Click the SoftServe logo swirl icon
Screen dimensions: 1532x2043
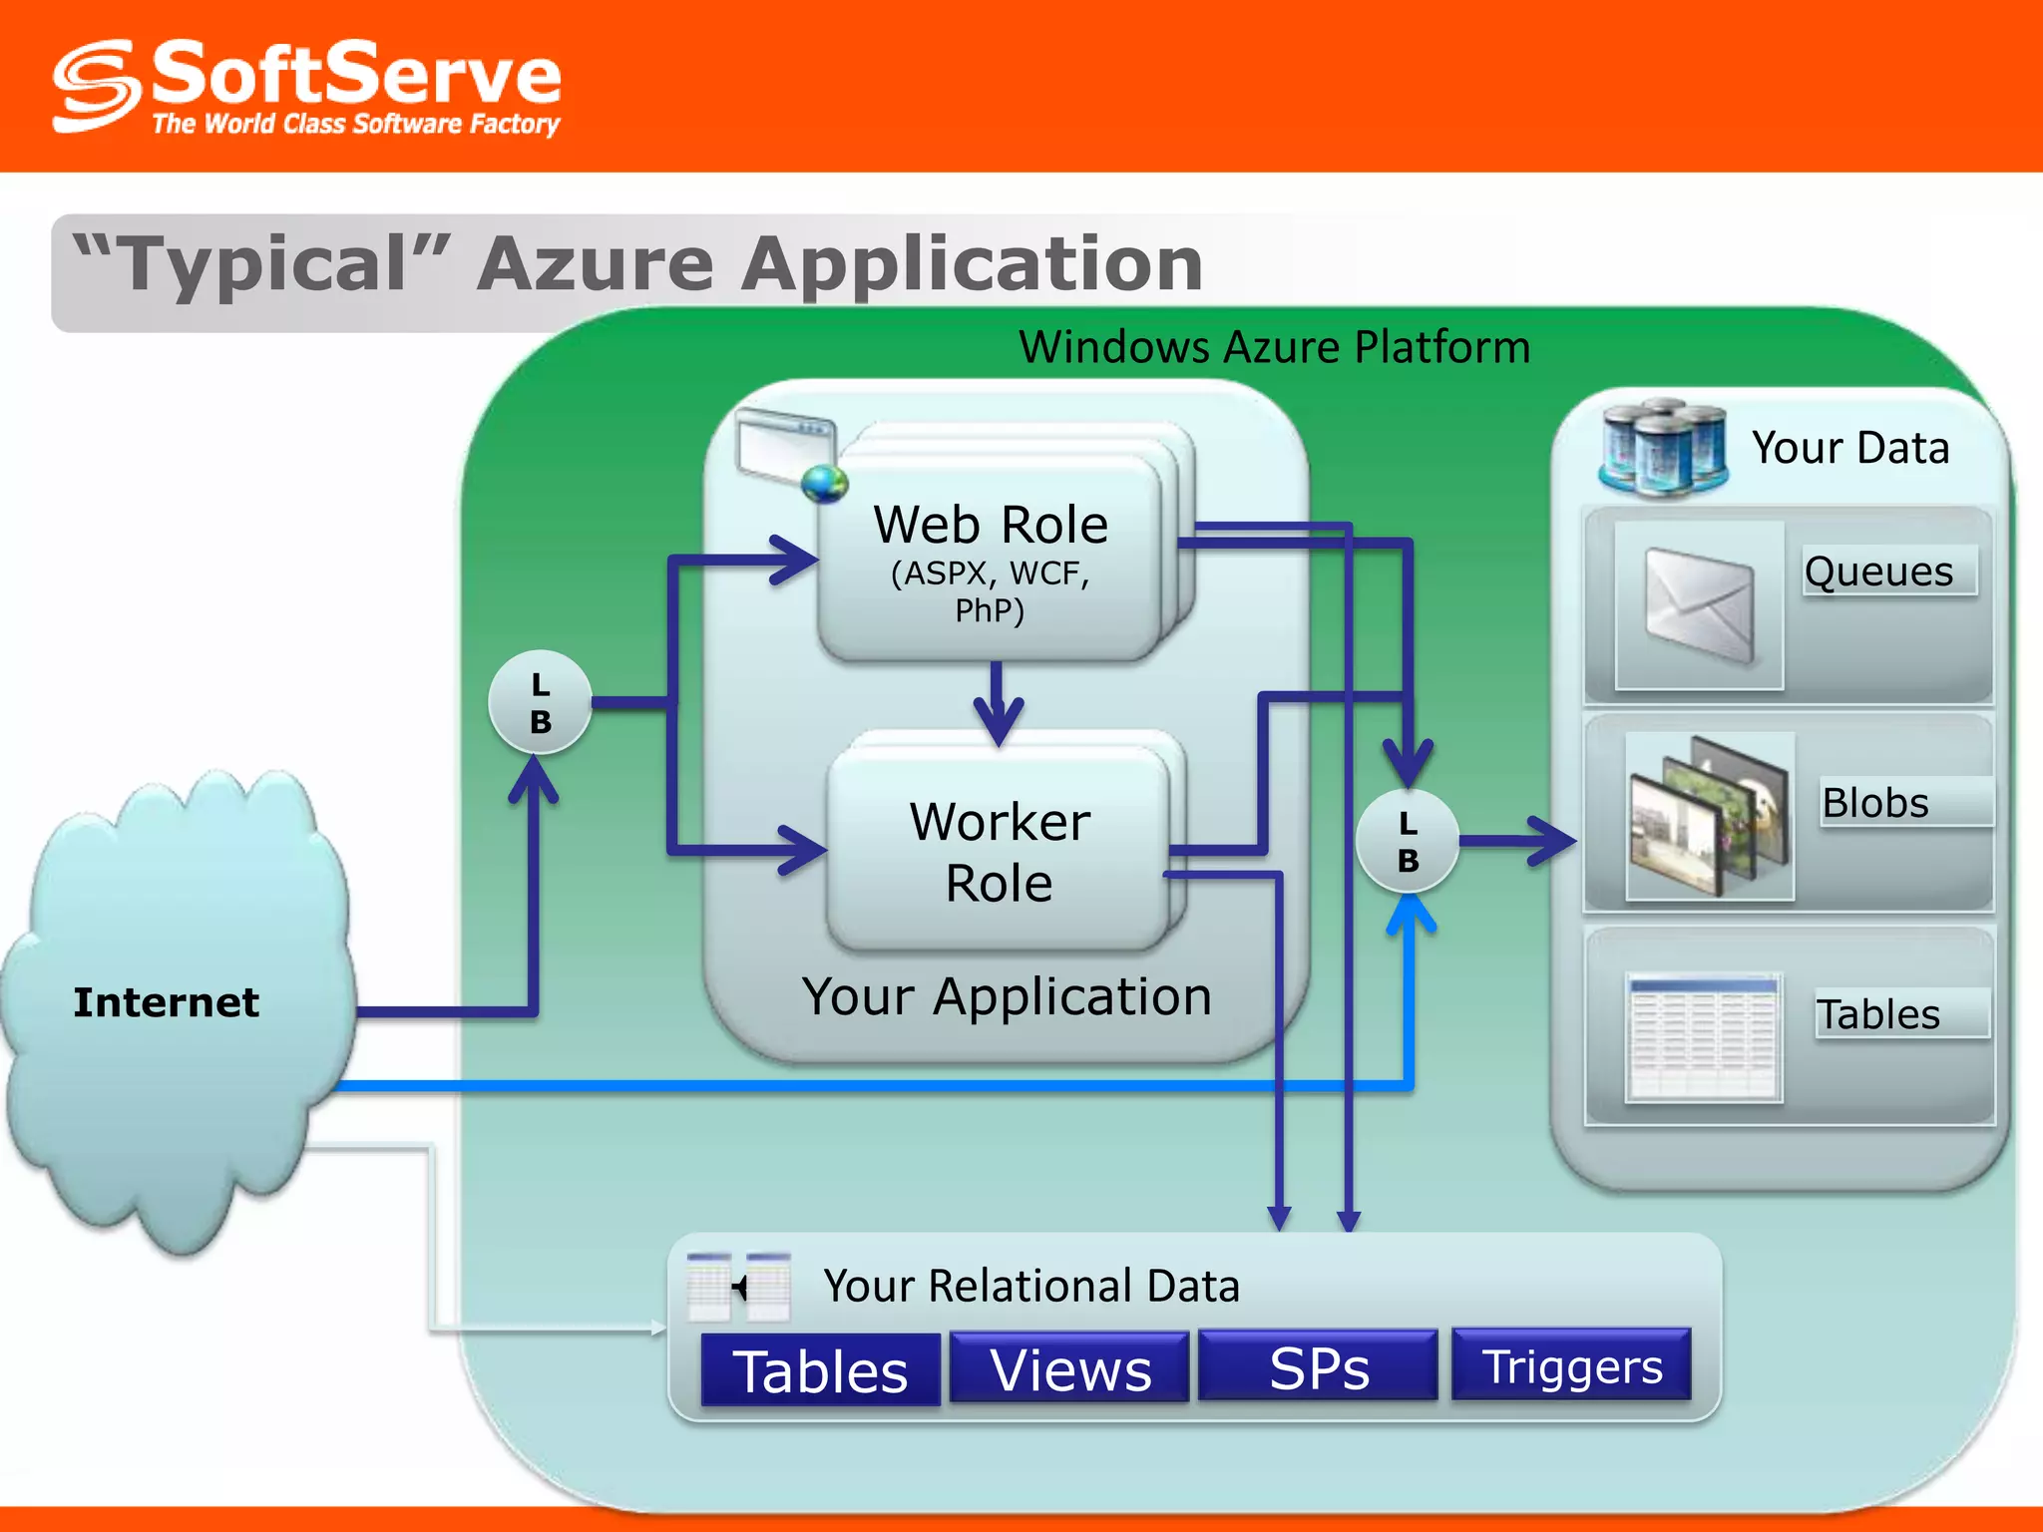pyautogui.click(x=96, y=86)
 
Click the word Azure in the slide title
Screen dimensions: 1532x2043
pyautogui.click(x=595, y=264)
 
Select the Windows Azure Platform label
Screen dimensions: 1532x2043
pyautogui.click(x=1274, y=347)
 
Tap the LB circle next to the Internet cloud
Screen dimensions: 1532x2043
pyautogui.click(x=540, y=702)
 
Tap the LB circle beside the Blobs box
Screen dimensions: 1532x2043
pyautogui.click(x=1408, y=841)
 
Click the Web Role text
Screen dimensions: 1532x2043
pyautogui.click(x=991, y=526)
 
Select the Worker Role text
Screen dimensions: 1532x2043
pyautogui.click(x=1000, y=852)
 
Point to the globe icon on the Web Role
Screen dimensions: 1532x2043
pyautogui.click(x=824, y=485)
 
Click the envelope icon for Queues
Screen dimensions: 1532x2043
pyautogui.click(x=1699, y=604)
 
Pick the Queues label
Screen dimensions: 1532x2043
pyautogui.click(x=1879, y=572)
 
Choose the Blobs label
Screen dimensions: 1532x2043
pyautogui.click(x=1875, y=803)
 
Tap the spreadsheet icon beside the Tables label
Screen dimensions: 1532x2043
pyautogui.click(x=1703, y=1038)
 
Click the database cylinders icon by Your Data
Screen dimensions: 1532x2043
pyautogui.click(x=1663, y=448)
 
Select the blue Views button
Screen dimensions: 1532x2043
pyautogui.click(x=1069, y=1368)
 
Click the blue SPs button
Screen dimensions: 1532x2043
pyautogui.click(x=1318, y=1367)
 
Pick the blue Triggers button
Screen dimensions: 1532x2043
pyautogui.click(x=1571, y=1365)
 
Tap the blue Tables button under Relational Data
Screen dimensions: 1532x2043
pyautogui.click(x=820, y=1370)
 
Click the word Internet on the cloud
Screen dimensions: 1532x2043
pyautogui.click(x=166, y=1002)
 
